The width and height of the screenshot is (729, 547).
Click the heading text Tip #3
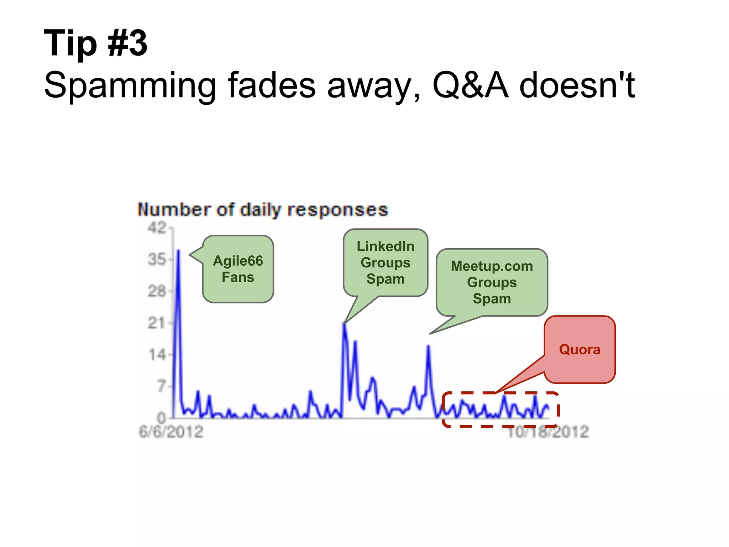click(95, 43)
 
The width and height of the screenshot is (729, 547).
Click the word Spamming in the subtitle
click(130, 85)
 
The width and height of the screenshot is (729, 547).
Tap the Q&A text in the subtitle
click(470, 85)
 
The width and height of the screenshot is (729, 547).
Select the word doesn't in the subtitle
click(577, 85)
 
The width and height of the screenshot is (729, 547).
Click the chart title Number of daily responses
click(263, 210)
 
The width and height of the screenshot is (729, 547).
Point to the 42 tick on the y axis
click(157, 228)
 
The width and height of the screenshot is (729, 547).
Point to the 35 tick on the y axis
click(157, 259)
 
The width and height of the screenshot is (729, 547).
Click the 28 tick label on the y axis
click(157, 291)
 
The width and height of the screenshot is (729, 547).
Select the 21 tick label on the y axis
click(157, 323)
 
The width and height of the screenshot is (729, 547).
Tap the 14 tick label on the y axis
click(157, 355)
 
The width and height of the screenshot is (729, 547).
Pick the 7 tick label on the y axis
click(162, 386)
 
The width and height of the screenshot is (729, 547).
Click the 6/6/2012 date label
click(171, 432)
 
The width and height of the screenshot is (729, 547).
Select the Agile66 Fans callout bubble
click(238, 269)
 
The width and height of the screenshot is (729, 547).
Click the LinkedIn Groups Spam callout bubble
click(386, 262)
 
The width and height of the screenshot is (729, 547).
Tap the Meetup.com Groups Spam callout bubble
click(492, 282)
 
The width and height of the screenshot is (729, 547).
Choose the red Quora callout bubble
click(579, 349)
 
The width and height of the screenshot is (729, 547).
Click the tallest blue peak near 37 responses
click(179, 251)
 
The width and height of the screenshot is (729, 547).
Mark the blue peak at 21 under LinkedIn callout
click(344, 324)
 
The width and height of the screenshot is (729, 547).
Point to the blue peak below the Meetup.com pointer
click(429, 346)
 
